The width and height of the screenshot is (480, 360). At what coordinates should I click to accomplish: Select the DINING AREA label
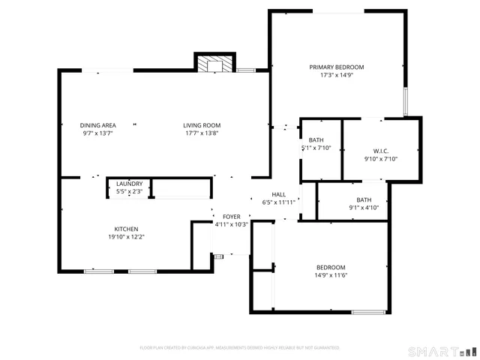coord(97,125)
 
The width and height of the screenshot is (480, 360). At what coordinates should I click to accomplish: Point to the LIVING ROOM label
coord(202,125)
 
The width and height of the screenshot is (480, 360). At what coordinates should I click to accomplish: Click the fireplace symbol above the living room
coord(216,64)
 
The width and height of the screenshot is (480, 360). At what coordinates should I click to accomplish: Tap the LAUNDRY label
coord(129,184)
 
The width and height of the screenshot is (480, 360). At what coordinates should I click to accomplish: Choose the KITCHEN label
coord(126,229)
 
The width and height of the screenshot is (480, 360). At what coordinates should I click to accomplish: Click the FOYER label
coord(231,216)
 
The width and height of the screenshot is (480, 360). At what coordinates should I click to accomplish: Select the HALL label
coord(278,193)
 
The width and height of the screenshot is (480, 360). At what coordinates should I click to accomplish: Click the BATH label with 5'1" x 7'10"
coord(316,139)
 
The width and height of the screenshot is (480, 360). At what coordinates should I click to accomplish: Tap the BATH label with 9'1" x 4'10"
coord(364,199)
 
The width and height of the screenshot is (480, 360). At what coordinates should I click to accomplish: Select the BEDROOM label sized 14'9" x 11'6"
coord(331,268)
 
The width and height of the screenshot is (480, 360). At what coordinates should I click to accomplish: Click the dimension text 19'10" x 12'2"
coord(126,237)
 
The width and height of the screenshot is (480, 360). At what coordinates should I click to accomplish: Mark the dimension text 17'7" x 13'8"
coord(202,133)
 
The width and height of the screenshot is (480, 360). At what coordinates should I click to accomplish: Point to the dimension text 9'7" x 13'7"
coord(97,133)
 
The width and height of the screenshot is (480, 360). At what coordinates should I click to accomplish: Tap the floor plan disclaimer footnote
coord(240,348)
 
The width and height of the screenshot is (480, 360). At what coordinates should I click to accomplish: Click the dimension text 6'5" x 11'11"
coord(278,202)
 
